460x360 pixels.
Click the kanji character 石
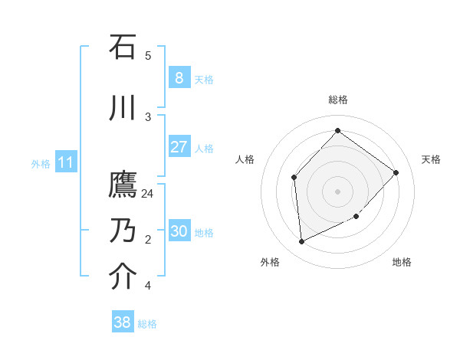[123, 47]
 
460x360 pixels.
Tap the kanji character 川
[123, 108]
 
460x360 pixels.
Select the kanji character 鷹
[123, 186]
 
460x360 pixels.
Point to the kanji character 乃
[123, 231]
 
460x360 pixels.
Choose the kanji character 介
[123, 277]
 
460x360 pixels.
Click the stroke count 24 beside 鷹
[148, 194]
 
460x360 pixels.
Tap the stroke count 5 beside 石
[148, 55]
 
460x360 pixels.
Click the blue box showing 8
[179, 77]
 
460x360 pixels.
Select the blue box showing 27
[179, 147]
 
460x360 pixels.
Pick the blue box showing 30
[179, 231]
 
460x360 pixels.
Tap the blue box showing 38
[123, 322]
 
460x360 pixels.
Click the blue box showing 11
[66, 162]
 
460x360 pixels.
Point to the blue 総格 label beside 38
[147, 324]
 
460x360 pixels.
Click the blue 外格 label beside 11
[41, 163]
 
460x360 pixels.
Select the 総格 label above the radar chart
[337, 100]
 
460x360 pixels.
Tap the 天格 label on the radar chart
[431, 159]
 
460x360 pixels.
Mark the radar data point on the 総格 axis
[337, 131]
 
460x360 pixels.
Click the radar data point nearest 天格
[396, 172]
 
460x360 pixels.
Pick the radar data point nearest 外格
[301, 241]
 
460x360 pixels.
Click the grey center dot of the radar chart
[337, 191]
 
